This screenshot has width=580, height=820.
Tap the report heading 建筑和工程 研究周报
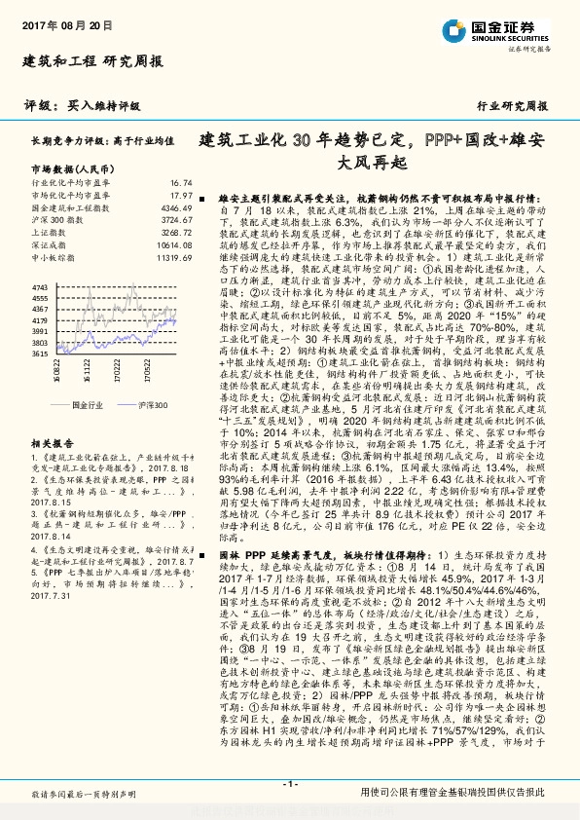click(x=91, y=61)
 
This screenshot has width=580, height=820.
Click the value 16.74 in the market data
click(x=181, y=182)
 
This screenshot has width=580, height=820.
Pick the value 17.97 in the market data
click(x=181, y=195)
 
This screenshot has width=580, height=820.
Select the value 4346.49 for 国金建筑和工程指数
click(x=176, y=207)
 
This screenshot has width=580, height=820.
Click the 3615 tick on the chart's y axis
click(x=41, y=354)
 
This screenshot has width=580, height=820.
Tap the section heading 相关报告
click(x=51, y=441)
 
